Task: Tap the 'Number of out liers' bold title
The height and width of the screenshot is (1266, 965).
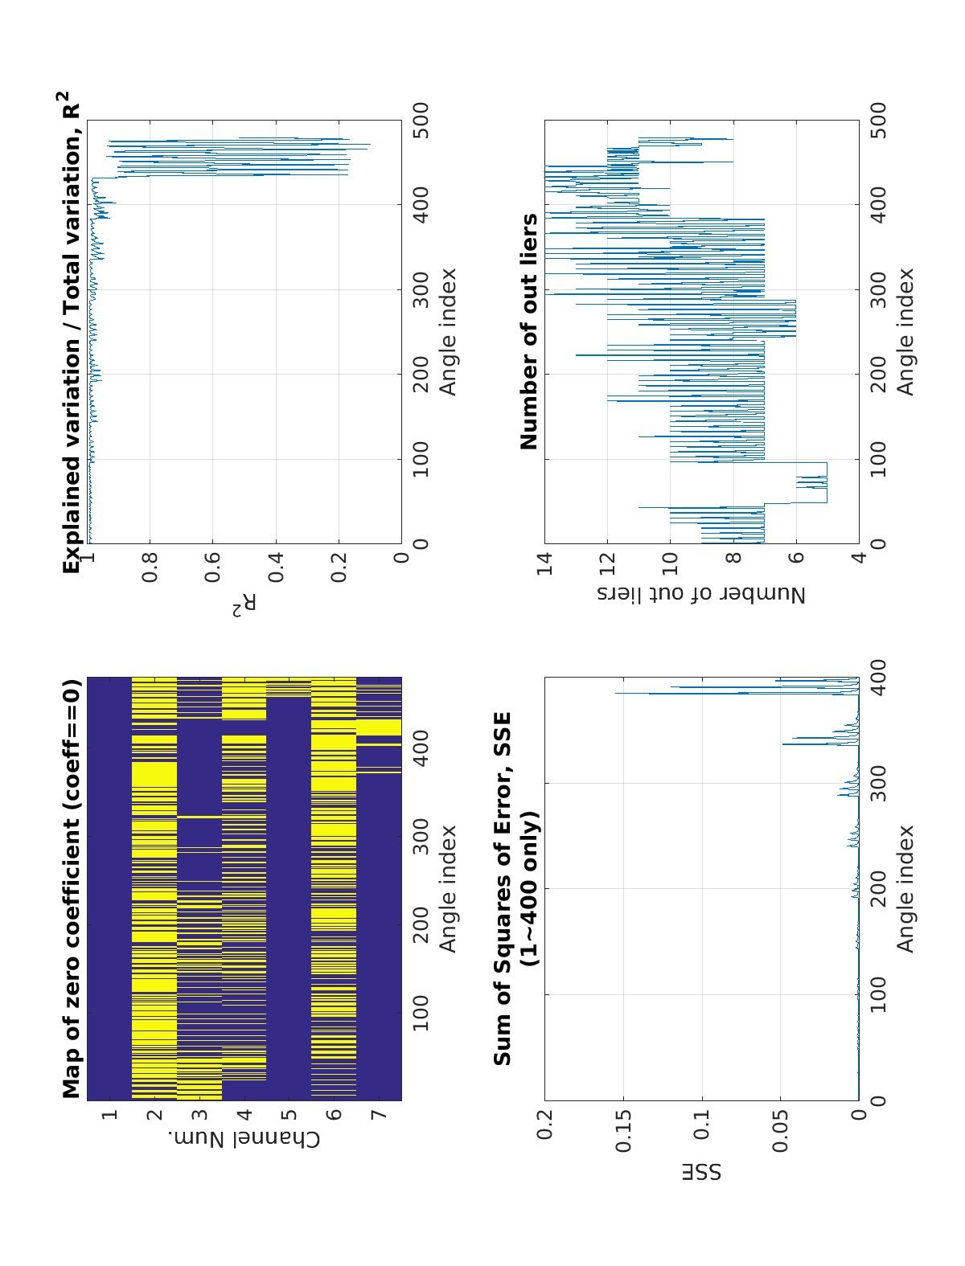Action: click(528, 331)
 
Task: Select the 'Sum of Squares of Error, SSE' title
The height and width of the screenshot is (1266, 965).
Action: click(503, 888)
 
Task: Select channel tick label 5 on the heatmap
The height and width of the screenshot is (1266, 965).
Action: click(289, 1115)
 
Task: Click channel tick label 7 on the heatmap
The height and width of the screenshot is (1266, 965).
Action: click(379, 1115)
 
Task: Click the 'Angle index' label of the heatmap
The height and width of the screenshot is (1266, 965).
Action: click(447, 887)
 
